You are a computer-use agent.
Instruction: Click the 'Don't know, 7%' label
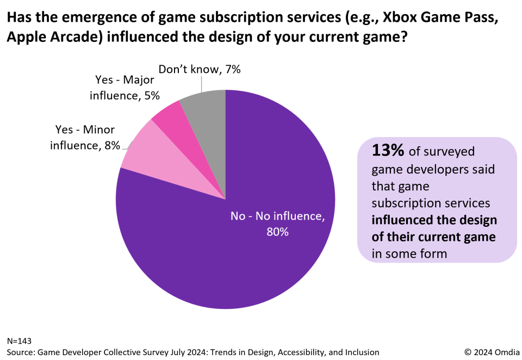point(199,69)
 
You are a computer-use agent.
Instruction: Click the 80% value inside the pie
point(277,232)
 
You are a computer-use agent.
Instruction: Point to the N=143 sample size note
point(20,341)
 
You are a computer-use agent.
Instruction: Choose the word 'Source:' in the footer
point(22,352)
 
